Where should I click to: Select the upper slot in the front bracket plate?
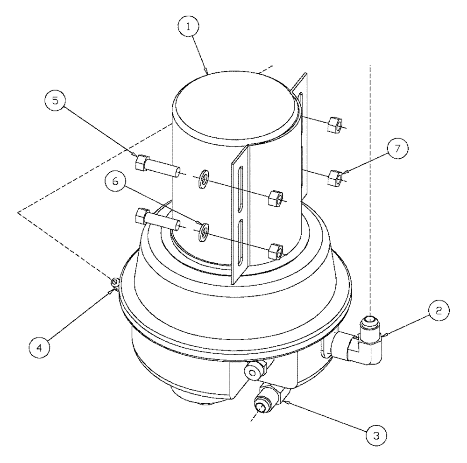tap(240, 187)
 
